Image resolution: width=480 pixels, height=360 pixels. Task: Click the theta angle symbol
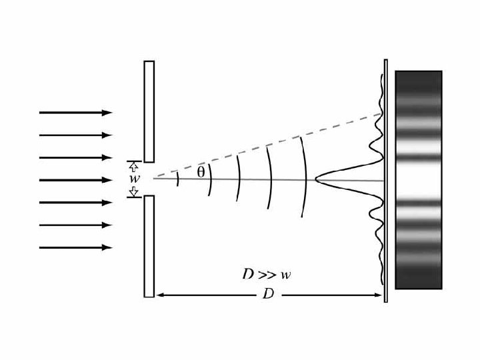click(201, 171)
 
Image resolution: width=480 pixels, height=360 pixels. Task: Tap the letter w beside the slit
click(133, 179)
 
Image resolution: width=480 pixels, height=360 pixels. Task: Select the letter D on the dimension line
click(268, 295)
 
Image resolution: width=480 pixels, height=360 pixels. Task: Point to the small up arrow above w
click(133, 165)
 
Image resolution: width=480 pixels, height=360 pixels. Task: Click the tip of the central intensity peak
click(316, 178)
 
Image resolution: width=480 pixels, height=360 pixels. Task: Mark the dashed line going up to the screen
click(267, 147)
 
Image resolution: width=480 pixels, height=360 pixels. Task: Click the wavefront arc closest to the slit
click(177, 179)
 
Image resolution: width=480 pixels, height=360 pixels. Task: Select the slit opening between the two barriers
click(149, 179)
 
